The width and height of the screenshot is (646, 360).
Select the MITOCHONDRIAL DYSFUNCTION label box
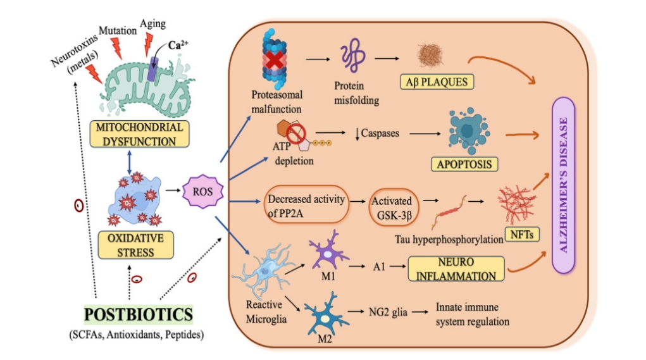[x=140, y=134]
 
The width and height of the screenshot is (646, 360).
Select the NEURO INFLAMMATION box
[x=456, y=268]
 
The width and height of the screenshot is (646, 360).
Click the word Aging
[x=154, y=23]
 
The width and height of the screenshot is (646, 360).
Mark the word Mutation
[x=117, y=29]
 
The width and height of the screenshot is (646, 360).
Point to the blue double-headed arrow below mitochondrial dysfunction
[x=129, y=161]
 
